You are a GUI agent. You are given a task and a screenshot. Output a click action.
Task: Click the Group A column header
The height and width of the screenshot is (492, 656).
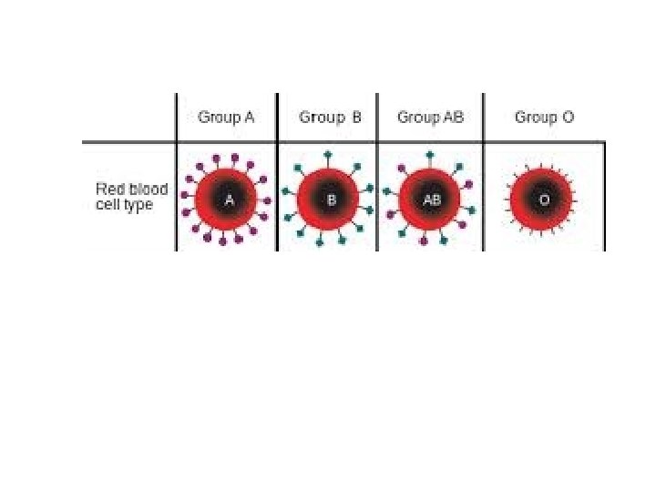click(x=227, y=118)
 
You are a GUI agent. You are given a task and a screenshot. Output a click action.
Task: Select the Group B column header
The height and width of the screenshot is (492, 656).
click(x=331, y=118)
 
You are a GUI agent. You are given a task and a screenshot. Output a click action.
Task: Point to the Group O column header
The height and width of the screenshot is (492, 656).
click(x=545, y=118)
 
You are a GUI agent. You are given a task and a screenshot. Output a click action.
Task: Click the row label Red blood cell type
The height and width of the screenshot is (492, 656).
click(x=132, y=197)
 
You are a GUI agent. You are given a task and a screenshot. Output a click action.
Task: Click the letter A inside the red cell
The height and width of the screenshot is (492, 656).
click(x=230, y=200)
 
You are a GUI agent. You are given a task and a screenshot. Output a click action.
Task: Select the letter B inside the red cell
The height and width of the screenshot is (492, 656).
click(x=332, y=200)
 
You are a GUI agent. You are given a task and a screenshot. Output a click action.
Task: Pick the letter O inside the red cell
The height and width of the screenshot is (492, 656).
click(x=544, y=200)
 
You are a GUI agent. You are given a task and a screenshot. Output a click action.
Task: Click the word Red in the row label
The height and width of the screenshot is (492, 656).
click(x=108, y=190)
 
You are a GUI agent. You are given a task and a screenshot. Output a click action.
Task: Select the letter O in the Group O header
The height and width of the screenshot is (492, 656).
click(x=569, y=118)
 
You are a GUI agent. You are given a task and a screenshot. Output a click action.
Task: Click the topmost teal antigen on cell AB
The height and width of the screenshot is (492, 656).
click(x=430, y=155)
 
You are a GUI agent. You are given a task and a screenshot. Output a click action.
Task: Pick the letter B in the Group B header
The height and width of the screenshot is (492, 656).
click(x=357, y=118)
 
